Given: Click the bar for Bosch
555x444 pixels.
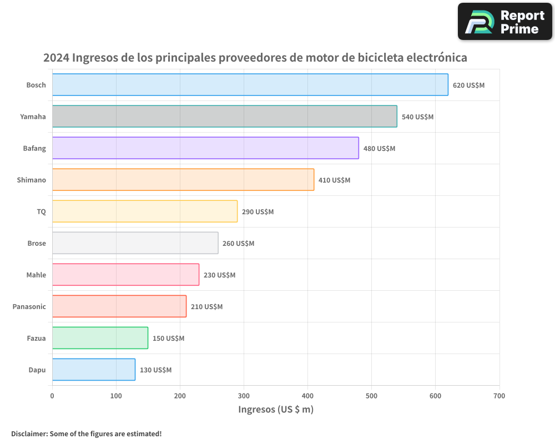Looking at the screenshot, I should [x=250, y=85].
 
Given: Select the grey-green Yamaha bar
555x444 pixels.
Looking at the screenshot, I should [x=224, y=117].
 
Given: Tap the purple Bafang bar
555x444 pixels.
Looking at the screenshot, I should [x=205, y=148].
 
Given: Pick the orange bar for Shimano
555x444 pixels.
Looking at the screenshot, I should [x=183, y=180].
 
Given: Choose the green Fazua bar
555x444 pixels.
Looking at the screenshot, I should [x=100, y=338].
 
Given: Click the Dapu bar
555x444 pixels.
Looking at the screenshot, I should [x=93, y=370].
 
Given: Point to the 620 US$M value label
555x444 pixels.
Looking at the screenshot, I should [x=468, y=85].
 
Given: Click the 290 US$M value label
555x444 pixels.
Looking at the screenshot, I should [x=258, y=212].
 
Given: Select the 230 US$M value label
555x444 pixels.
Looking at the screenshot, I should [x=219, y=275].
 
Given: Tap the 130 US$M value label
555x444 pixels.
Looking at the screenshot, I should [x=155, y=370].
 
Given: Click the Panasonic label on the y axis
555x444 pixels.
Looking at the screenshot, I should [x=29, y=307].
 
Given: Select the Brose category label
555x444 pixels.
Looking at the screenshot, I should [x=37, y=244].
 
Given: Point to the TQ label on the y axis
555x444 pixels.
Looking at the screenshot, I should [x=41, y=212].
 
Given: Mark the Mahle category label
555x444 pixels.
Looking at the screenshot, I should [x=36, y=275].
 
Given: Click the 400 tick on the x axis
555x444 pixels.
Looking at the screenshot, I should [x=307, y=396].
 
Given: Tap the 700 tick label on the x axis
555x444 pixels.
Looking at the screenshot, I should [x=499, y=396].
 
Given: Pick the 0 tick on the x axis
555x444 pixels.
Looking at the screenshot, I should [x=52, y=396].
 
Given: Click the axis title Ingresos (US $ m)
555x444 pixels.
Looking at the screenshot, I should [x=276, y=410].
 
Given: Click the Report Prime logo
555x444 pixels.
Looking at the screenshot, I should [x=505, y=22].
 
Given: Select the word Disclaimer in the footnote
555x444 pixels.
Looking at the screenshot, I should [x=29, y=434].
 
